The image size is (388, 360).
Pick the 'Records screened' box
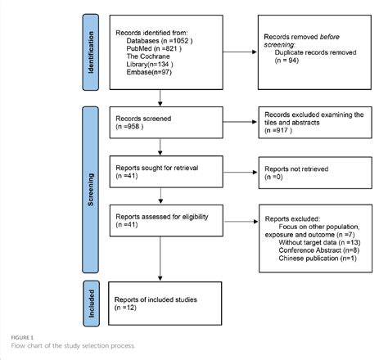coord(165,123)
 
